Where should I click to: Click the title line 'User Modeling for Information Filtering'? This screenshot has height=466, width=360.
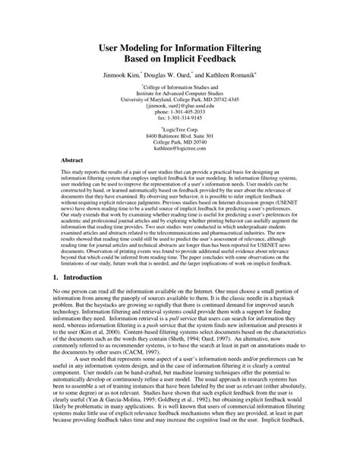[179, 46]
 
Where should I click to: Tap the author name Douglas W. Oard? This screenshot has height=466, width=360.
[187, 78]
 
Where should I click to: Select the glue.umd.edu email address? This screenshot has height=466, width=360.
[180, 113]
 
